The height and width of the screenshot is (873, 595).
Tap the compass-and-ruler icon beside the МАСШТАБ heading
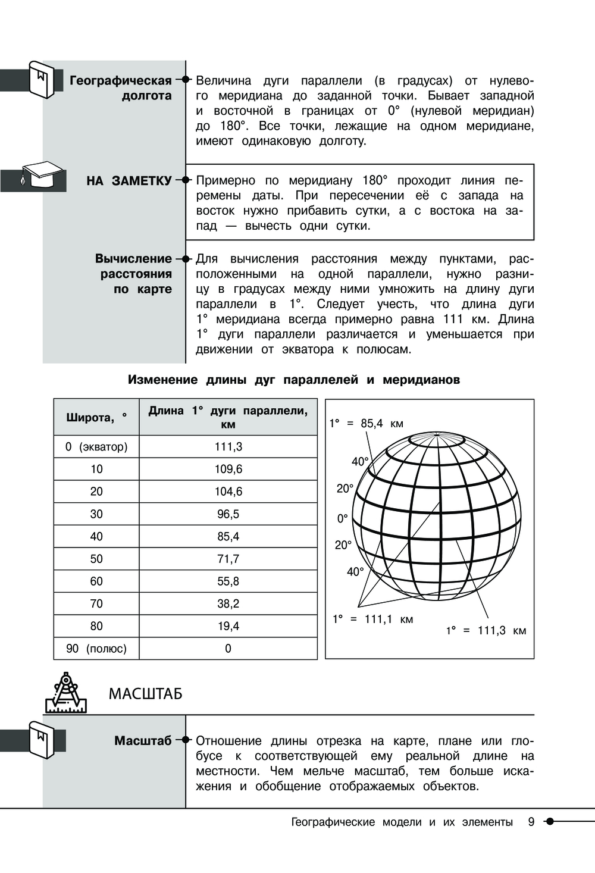click(65, 693)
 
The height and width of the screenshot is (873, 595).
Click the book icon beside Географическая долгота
click(42, 79)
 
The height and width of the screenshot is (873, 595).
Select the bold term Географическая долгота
click(121, 88)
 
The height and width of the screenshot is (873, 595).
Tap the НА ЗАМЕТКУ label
click(129, 181)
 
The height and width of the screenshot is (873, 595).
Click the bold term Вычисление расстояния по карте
click(134, 274)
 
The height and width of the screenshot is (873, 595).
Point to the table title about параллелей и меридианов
click(294, 380)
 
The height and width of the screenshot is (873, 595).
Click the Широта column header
click(96, 417)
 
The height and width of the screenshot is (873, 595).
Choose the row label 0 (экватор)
click(96, 447)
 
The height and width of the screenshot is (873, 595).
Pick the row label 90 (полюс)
click(96, 649)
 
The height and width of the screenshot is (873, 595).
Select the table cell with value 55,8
click(228, 581)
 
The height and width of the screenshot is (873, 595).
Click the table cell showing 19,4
click(228, 626)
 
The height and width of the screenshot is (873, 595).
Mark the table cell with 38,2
click(228, 603)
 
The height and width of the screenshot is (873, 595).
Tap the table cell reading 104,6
click(228, 492)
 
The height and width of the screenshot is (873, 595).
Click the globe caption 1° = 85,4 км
click(367, 424)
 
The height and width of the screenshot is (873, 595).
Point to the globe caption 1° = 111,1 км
click(372, 619)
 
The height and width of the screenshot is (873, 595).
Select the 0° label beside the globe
click(343, 519)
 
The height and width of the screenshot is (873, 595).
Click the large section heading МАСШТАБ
click(145, 694)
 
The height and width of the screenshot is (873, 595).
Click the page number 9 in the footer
click(531, 822)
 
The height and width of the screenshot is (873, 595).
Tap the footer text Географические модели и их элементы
click(402, 822)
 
